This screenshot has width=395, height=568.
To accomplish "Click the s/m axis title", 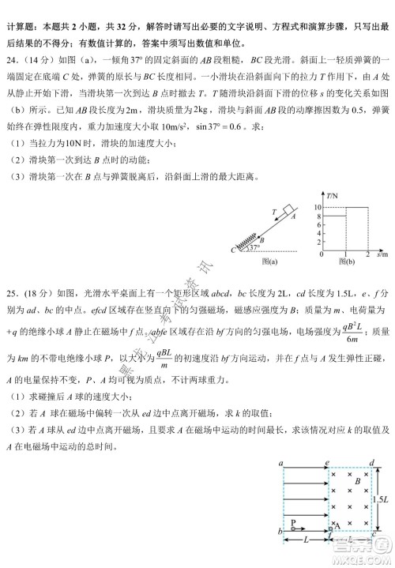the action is pos(382,254).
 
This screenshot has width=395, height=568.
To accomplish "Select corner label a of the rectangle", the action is pos(281,464).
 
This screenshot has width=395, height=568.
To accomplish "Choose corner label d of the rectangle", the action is pos(372,464).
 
